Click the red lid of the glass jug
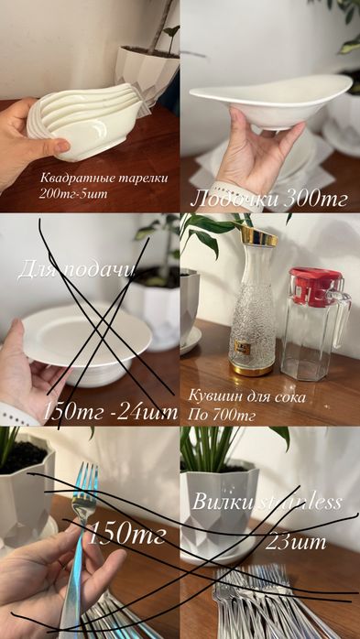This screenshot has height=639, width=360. tap(316, 286)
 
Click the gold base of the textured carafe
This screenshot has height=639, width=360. tap(252, 368)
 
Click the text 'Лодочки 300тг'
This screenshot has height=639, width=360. tap(268, 200)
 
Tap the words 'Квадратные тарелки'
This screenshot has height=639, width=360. tap(104, 179)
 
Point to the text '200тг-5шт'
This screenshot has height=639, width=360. tap(73, 193)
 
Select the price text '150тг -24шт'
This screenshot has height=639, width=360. tap(110, 412)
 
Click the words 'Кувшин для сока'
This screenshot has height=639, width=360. tap(246, 396)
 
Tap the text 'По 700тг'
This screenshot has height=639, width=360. tap(222, 416)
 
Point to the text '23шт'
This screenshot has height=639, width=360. tap(296, 542)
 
